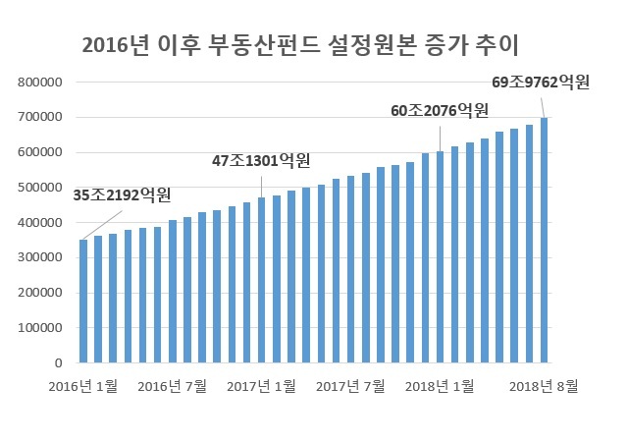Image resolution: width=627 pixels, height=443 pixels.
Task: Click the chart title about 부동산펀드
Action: point(300,45)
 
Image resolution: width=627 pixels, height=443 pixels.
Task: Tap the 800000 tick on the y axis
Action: point(40,83)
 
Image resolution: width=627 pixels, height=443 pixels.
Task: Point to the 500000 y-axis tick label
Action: point(40,188)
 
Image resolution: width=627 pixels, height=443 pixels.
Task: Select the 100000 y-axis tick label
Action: point(40,328)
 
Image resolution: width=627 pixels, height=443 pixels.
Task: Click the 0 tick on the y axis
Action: point(59,363)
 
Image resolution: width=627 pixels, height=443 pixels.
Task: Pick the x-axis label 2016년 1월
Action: point(82,387)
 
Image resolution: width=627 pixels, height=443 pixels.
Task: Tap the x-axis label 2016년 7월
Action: point(172,387)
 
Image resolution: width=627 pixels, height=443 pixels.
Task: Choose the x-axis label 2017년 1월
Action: point(261,387)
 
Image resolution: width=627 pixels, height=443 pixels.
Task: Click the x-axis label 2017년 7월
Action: point(350,387)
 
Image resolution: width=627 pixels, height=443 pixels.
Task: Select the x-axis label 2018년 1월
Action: point(440,387)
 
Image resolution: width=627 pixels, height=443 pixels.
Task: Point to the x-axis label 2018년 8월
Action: point(544,387)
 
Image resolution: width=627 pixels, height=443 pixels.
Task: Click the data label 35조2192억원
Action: point(122,195)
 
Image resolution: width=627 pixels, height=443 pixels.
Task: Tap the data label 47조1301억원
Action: point(261,161)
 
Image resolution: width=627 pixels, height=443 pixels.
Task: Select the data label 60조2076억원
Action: point(440,111)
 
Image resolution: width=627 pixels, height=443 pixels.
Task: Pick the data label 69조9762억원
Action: point(541,83)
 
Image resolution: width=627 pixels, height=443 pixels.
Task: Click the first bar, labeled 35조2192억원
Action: point(83,301)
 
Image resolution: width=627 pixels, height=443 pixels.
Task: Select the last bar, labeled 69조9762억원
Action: point(544,240)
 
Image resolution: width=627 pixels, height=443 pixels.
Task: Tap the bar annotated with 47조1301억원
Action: point(262,280)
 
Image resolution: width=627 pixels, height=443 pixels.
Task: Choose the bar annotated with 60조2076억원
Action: point(440,257)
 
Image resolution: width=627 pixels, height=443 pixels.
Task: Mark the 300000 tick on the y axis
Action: point(40,257)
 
